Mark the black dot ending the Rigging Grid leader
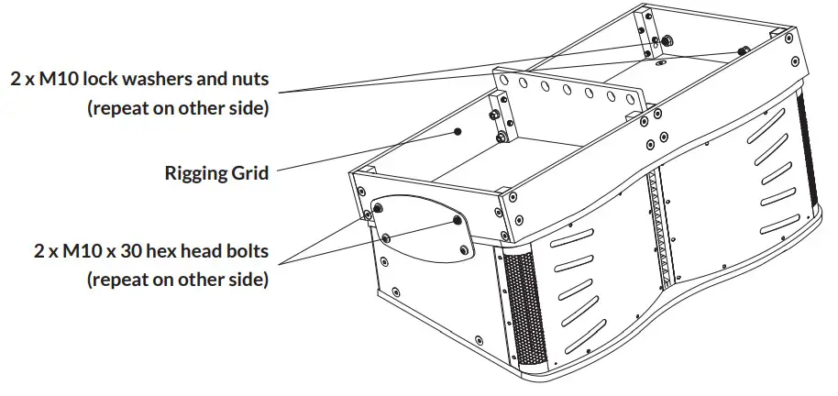tap(457, 132)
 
